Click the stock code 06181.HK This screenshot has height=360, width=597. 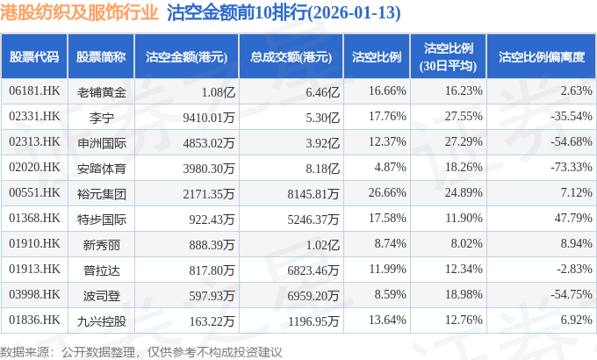pyautogui.click(x=34, y=90)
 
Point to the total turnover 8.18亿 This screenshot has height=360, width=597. pyautogui.click(x=321, y=167)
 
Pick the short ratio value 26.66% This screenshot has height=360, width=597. pyautogui.click(x=388, y=192)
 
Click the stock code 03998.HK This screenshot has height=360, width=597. pyautogui.click(x=34, y=294)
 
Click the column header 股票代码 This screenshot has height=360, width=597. pyautogui.click(x=34, y=57)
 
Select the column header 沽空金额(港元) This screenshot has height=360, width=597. pyautogui.click(x=186, y=57)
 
